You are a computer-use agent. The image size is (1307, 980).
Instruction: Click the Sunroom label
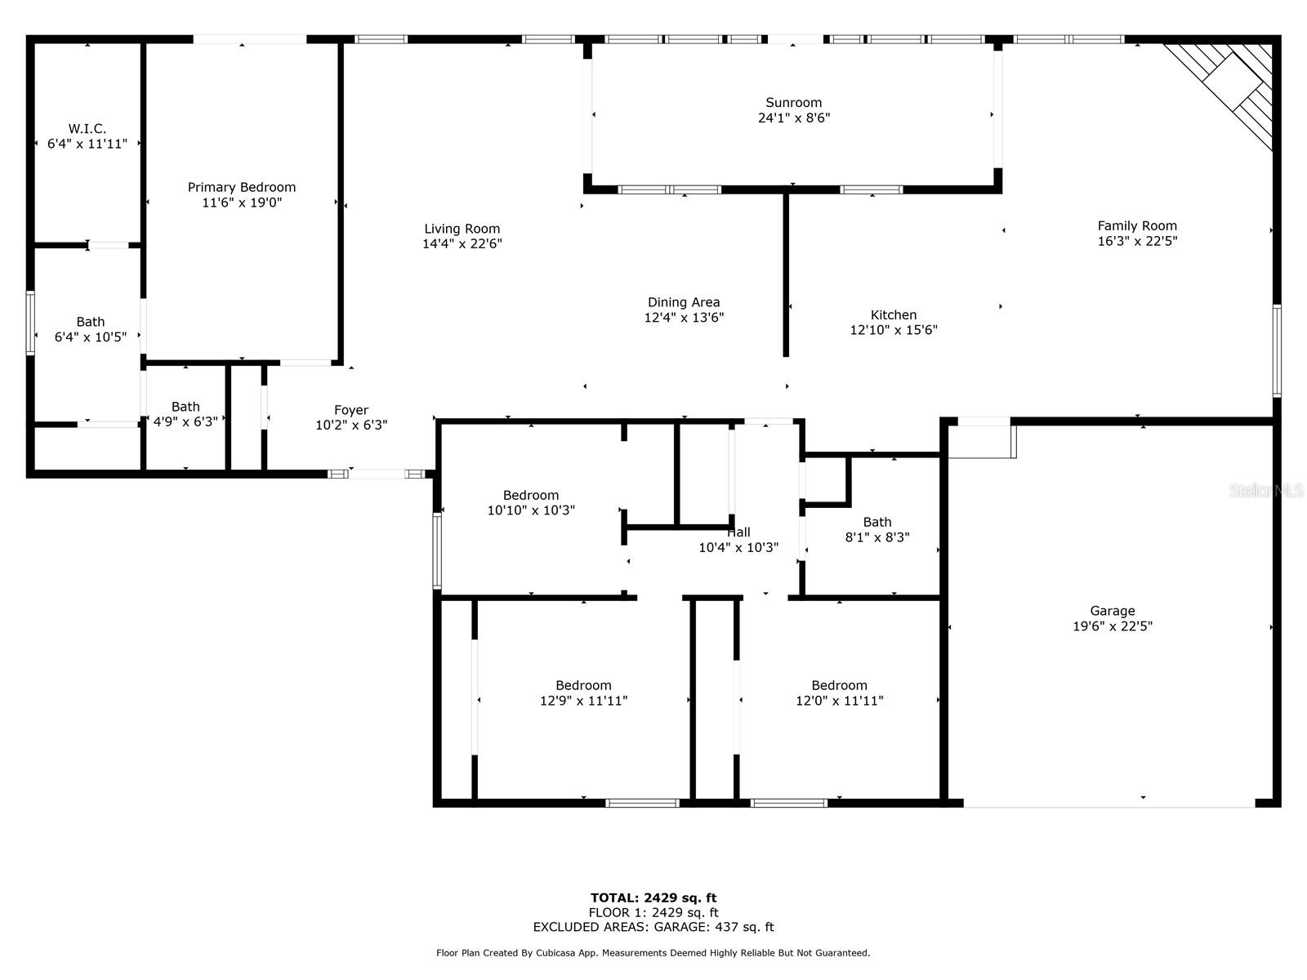[x=793, y=103]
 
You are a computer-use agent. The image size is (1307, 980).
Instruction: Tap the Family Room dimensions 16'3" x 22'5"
[x=1137, y=241]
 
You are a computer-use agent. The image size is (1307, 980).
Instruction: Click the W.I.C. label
[x=87, y=129]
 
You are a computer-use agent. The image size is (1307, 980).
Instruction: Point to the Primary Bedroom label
[x=242, y=188]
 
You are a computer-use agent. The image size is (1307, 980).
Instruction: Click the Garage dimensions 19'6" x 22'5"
[x=1112, y=626]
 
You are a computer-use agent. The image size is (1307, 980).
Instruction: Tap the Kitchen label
[x=894, y=315]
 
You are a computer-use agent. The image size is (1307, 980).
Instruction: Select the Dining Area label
[x=684, y=303]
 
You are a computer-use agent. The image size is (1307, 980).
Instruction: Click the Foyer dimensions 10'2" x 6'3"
[x=351, y=425]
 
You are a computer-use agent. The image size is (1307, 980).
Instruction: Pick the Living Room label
[x=462, y=229]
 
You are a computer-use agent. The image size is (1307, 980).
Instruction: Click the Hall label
[x=738, y=532]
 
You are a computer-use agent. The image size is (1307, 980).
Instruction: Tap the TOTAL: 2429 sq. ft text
[x=653, y=898]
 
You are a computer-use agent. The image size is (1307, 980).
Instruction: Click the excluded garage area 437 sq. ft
[x=653, y=927]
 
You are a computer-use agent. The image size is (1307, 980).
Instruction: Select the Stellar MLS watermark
[x=1266, y=491]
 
